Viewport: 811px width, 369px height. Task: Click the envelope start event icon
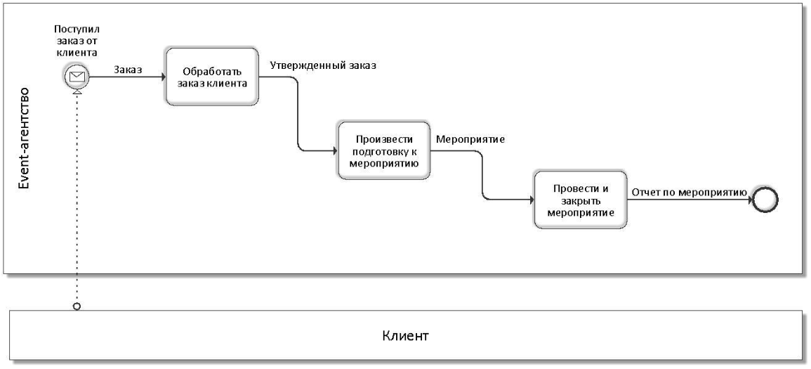click(x=77, y=78)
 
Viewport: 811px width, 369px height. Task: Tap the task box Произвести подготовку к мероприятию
click(x=383, y=150)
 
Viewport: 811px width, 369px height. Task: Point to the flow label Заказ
click(x=127, y=70)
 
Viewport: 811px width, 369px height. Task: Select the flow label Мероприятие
click(x=471, y=138)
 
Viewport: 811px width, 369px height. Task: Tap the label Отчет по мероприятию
click(x=690, y=190)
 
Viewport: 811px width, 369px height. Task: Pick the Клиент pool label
click(x=405, y=335)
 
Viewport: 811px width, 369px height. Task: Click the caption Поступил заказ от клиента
click(x=77, y=41)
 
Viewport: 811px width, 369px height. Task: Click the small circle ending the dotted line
click(x=77, y=306)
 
